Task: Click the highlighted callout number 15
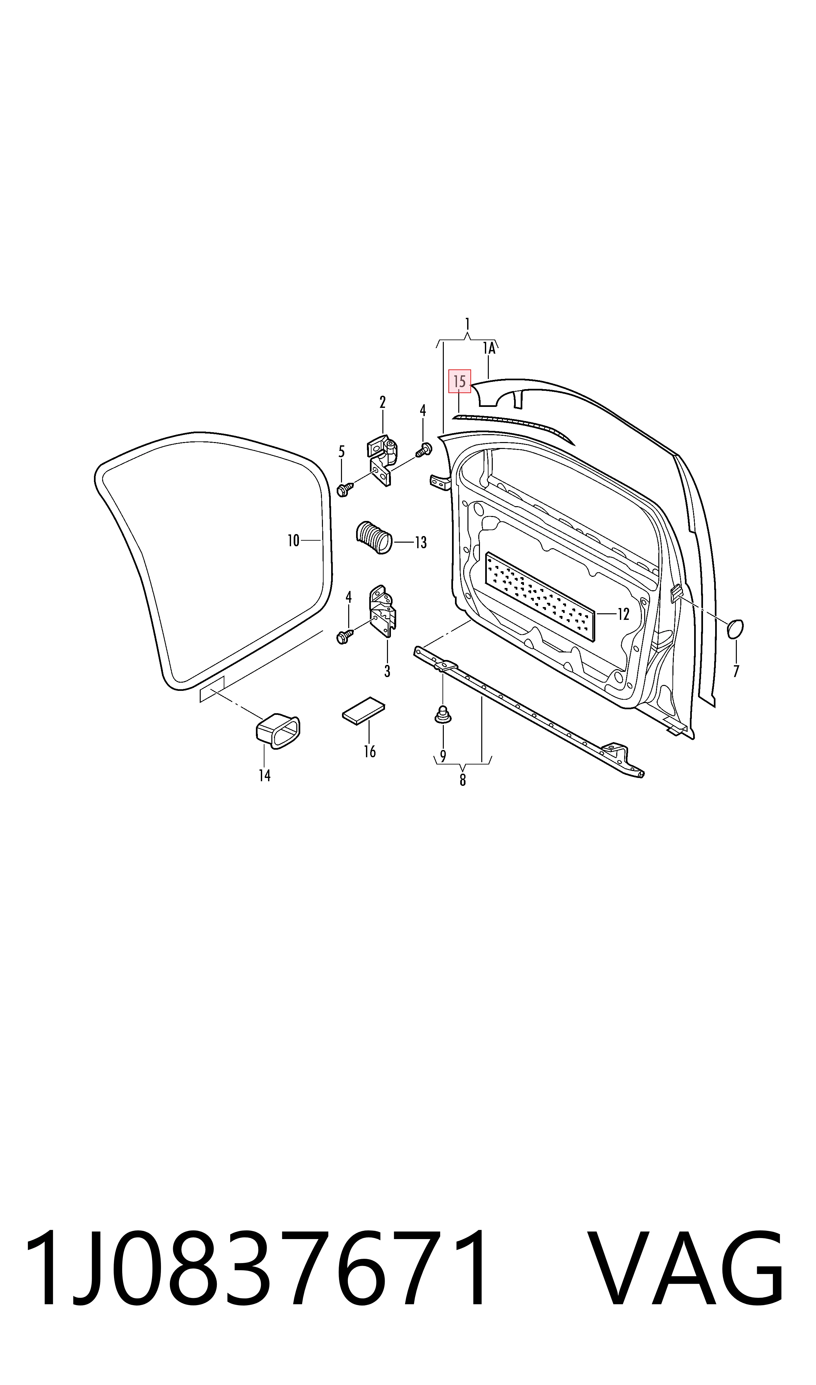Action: (x=460, y=381)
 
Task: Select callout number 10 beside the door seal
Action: (x=294, y=541)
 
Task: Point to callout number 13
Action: (x=421, y=543)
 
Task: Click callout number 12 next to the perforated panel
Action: (x=623, y=614)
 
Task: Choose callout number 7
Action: (x=736, y=671)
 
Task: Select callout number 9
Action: (x=443, y=756)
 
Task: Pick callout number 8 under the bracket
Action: (x=463, y=780)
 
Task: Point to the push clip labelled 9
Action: (x=443, y=715)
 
